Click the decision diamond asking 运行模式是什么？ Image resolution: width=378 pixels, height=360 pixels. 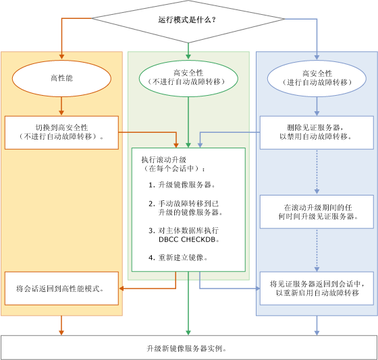(x=188, y=20)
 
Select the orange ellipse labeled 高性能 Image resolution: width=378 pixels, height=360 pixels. (x=61, y=78)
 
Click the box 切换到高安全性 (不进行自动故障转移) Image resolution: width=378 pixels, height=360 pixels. (x=61, y=132)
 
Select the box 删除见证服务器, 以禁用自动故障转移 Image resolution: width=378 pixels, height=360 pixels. (x=317, y=132)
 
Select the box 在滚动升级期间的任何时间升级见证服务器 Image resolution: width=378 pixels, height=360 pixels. (x=317, y=212)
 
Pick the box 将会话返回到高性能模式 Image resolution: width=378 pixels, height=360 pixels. (x=61, y=289)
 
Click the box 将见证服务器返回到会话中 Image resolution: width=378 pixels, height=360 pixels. (x=317, y=289)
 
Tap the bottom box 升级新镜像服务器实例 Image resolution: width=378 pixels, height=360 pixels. (x=188, y=348)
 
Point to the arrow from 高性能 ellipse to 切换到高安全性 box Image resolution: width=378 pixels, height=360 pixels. (x=61, y=105)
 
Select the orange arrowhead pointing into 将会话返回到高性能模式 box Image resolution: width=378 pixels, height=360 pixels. (x=122, y=289)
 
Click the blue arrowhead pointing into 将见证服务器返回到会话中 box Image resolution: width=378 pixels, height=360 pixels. (x=257, y=289)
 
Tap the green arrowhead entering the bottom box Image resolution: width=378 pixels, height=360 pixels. (x=188, y=332)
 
